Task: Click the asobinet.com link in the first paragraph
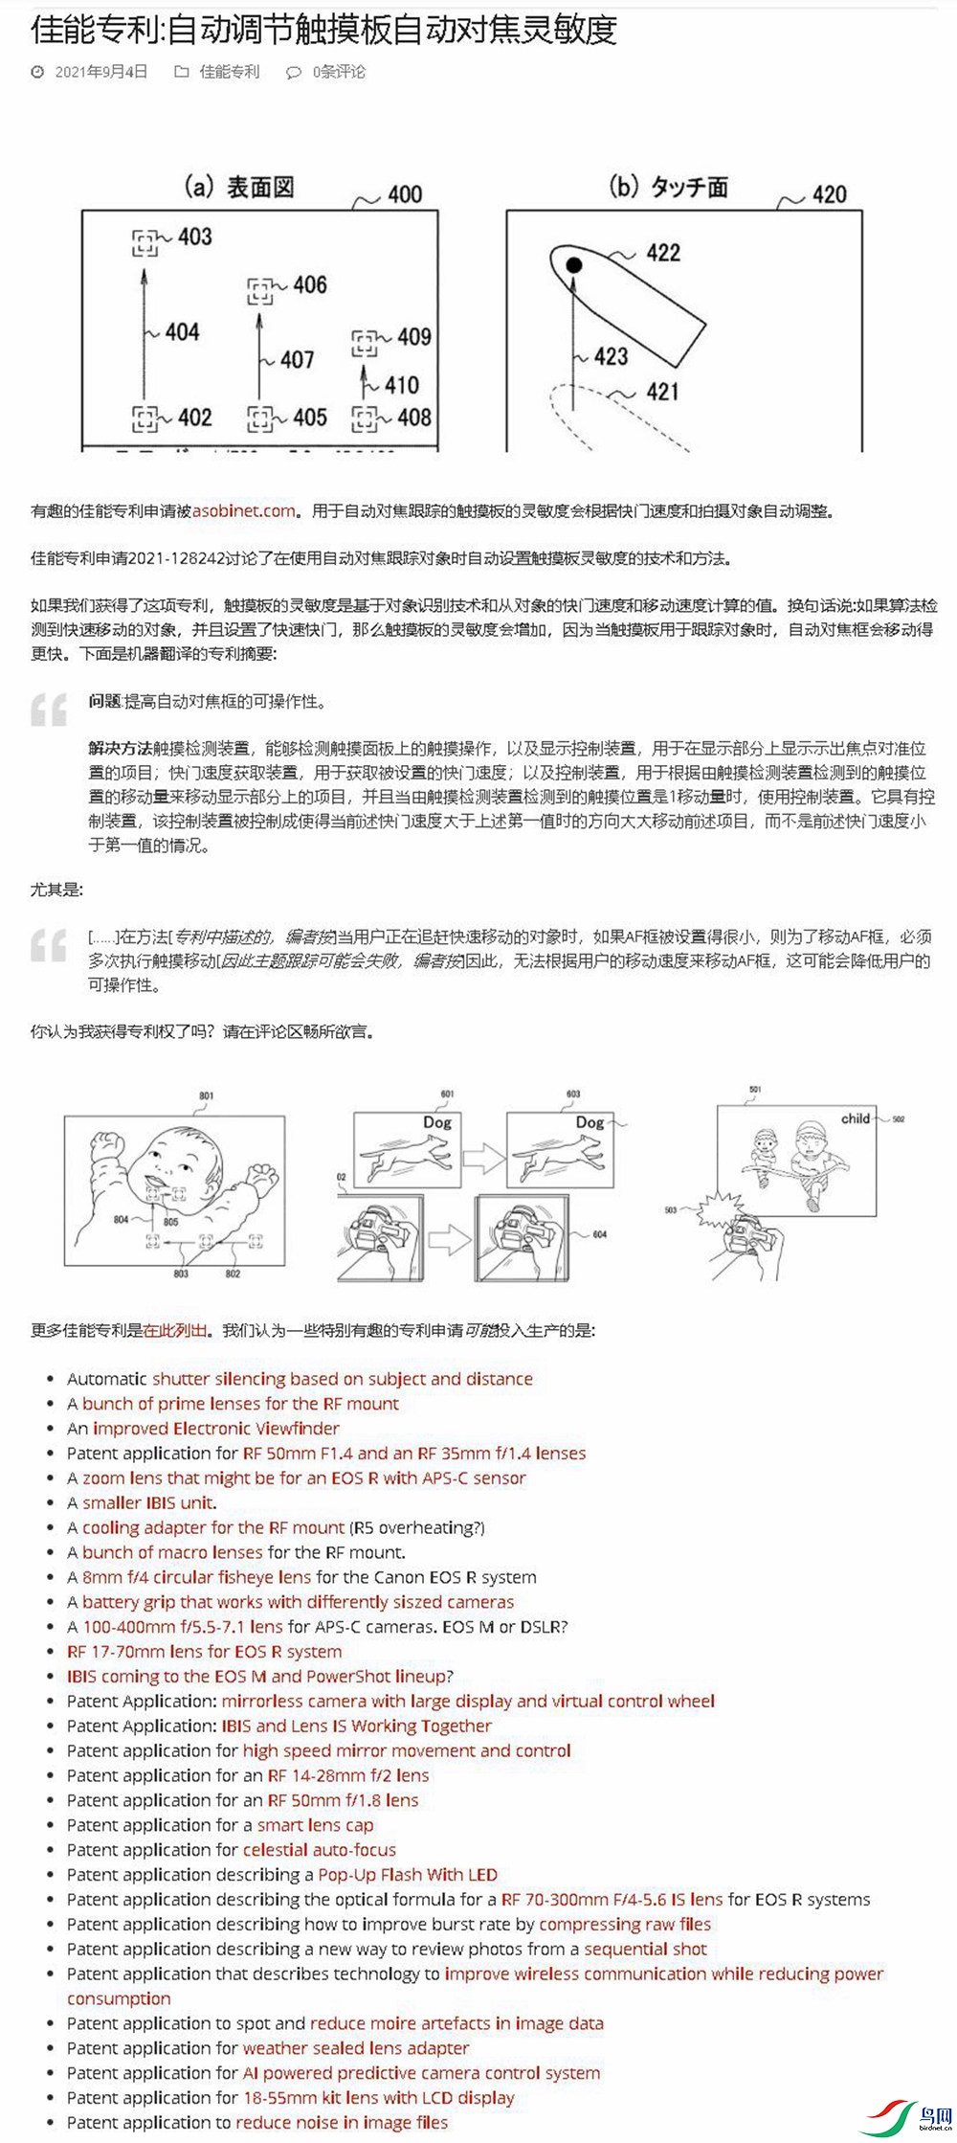(244, 511)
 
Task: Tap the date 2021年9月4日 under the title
(100, 72)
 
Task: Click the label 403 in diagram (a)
(194, 237)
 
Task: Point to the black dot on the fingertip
(573, 264)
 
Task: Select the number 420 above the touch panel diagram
(829, 195)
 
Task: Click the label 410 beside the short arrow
(401, 385)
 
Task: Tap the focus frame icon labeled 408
(364, 418)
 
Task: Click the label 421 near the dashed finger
(662, 392)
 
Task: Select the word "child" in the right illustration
(856, 1118)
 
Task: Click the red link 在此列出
(175, 1330)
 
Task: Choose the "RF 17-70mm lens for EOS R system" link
(204, 1651)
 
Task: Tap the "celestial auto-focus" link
(319, 1850)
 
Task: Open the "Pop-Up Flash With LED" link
(408, 1875)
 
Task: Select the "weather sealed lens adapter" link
(356, 2048)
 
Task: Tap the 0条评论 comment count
(339, 72)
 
